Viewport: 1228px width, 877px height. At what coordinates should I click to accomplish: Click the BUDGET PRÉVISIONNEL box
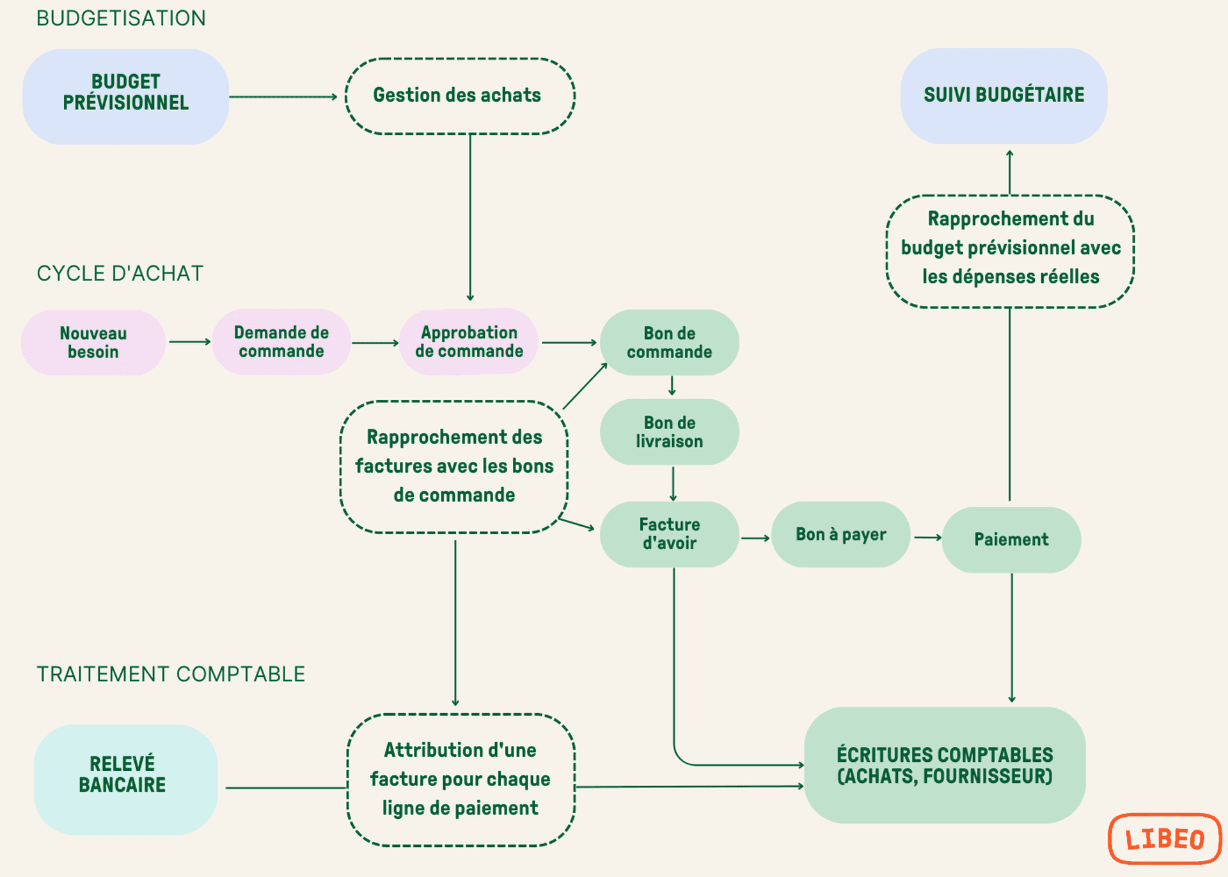pyautogui.click(x=125, y=96)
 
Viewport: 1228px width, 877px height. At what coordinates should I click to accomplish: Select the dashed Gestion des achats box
pyautogui.click(x=459, y=96)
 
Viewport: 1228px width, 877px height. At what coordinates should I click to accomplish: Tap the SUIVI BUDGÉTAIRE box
pyautogui.click(x=1003, y=96)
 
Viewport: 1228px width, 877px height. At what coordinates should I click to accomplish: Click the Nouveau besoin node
pyautogui.click(x=93, y=343)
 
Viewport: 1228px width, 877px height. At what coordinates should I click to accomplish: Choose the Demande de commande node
pyautogui.click(x=281, y=342)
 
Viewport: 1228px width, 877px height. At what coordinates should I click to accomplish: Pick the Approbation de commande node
pyautogui.click(x=469, y=342)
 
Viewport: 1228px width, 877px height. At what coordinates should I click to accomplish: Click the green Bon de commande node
pyautogui.click(x=669, y=343)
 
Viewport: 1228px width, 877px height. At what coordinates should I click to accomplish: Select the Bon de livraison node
pyautogui.click(x=669, y=432)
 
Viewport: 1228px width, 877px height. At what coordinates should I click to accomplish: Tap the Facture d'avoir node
pyautogui.click(x=669, y=534)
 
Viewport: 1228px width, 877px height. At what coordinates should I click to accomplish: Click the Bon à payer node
pyautogui.click(x=840, y=535)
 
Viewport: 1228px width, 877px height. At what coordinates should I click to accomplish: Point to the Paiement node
pyautogui.click(x=1011, y=540)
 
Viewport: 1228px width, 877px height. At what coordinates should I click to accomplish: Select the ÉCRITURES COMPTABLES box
pyautogui.click(x=944, y=765)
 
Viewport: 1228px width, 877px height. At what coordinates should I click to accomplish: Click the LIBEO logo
pyautogui.click(x=1165, y=839)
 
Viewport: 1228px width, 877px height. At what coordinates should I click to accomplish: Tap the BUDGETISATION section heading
pyautogui.click(x=121, y=19)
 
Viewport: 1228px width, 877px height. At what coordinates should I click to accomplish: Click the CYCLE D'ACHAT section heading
pyautogui.click(x=120, y=274)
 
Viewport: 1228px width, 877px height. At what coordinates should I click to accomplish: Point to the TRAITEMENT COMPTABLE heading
pyautogui.click(x=171, y=674)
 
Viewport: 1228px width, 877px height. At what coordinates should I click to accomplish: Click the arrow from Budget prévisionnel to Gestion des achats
pyautogui.click(x=283, y=97)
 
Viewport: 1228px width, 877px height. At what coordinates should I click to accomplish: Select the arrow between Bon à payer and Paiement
pyautogui.click(x=927, y=538)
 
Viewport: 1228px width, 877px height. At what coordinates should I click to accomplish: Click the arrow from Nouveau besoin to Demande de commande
pyautogui.click(x=189, y=342)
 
